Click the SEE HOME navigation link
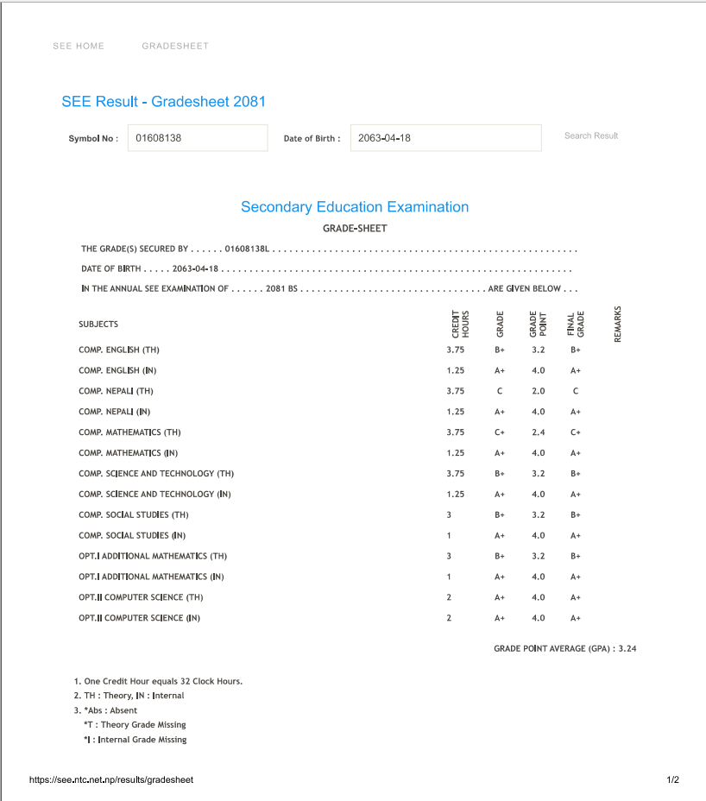coord(79,46)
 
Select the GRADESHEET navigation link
coord(175,46)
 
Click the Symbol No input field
coord(198,137)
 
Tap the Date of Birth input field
coord(445,137)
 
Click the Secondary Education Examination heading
coord(355,207)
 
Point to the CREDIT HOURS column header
coord(460,324)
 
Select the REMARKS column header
coord(618,324)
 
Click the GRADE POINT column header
coord(538,324)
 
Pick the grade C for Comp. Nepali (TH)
coord(500,391)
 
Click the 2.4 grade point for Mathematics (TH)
coord(539,432)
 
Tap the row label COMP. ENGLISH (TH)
coord(119,350)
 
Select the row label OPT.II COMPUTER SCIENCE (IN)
coord(139,618)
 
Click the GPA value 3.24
coord(627,648)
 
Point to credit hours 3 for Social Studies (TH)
coord(449,515)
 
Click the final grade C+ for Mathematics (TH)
coord(576,432)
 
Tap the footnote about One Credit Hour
coord(159,681)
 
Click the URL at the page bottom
coord(111,779)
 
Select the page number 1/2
coord(673,779)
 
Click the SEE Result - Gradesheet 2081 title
coord(164,102)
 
